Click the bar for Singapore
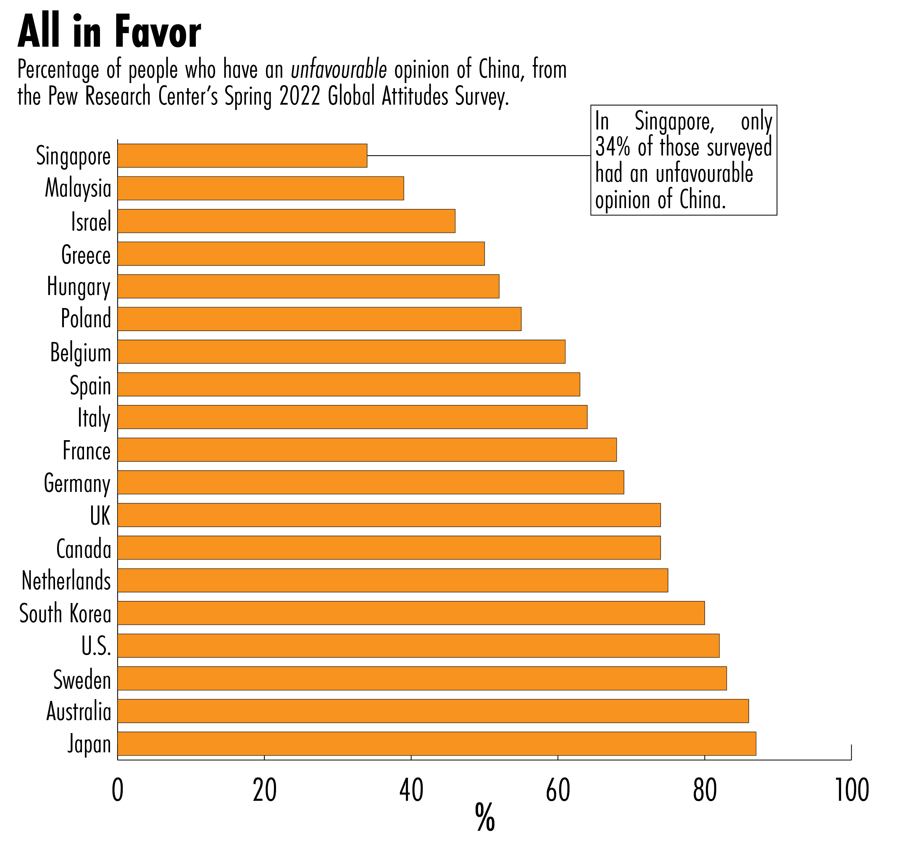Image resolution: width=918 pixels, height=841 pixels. [x=242, y=156]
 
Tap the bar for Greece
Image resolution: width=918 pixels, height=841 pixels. [x=301, y=254]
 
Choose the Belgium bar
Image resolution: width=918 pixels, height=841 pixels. [x=341, y=352]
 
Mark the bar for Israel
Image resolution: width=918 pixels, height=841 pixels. [x=286, y=221]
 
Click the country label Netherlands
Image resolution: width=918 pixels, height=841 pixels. [x=67, y=581]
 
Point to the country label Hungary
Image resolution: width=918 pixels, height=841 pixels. [x=79, y=287]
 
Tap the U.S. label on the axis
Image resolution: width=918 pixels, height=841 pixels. [x=96, y=646]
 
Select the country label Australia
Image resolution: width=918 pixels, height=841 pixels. [x=79, y=711]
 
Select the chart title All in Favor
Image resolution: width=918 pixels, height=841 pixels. [x=109, y=32]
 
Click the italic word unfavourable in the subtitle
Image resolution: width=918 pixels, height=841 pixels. [x=339, y=70]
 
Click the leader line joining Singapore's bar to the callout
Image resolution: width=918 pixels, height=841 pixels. [x=478, y=156]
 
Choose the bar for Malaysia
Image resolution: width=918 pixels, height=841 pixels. [x=260, y=188]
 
